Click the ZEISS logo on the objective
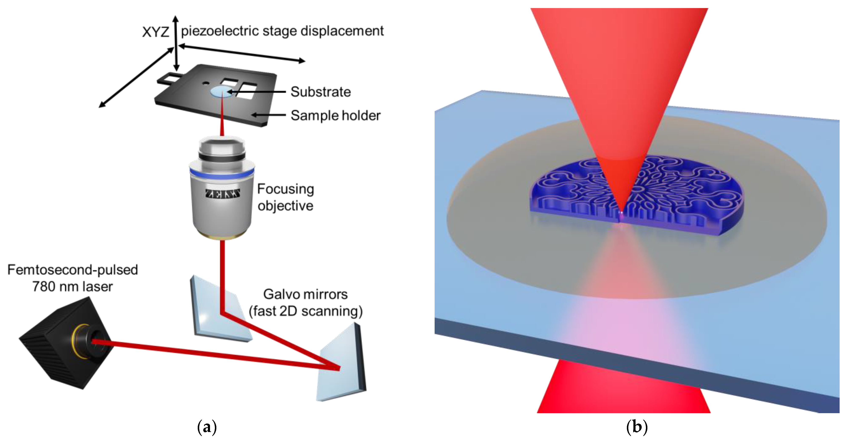222,194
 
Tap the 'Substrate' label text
320,92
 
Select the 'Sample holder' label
335,116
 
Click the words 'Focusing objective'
285,197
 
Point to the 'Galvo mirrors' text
305,294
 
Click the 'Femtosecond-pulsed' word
73,270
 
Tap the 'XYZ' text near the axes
155,32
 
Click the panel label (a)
207,427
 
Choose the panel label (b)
637,427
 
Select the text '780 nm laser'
73,287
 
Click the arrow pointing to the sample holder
268,115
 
